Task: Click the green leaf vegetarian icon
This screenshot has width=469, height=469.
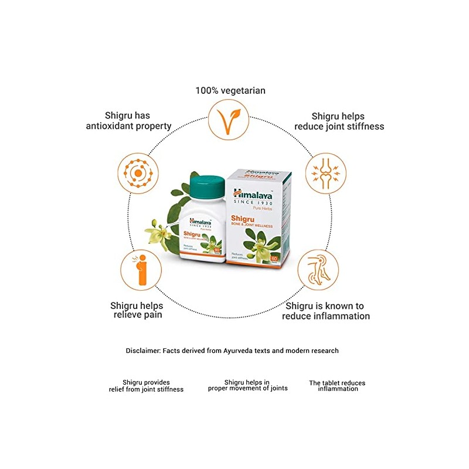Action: point(230,120)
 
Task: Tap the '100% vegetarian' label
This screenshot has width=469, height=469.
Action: point(230,90)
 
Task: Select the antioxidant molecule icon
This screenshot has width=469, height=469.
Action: point(139,174)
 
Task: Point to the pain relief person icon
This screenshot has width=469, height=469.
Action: point(141,271)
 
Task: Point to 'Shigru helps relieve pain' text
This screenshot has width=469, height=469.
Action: point(137,310)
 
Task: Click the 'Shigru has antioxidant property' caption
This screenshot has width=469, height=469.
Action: point(129,121)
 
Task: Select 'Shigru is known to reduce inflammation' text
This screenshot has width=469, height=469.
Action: point(326,311)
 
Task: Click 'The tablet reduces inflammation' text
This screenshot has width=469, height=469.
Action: point(337,386)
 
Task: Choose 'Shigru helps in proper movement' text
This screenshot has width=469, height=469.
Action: point(247,385)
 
